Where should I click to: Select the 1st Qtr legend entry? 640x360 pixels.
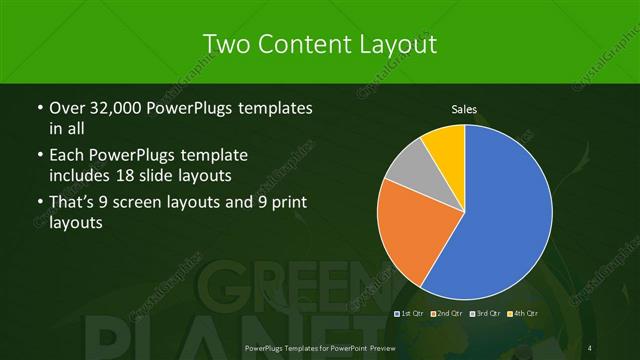coord(409,314)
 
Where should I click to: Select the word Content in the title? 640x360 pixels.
coord(306,44)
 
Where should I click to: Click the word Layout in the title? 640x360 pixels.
coord(400,44)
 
